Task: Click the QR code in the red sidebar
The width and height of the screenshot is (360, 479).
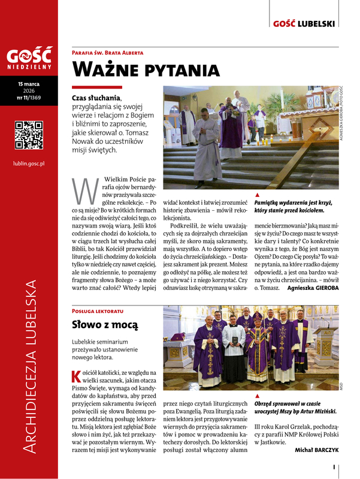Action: (29, 135)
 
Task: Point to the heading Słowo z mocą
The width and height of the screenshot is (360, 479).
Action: (105, 325)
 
